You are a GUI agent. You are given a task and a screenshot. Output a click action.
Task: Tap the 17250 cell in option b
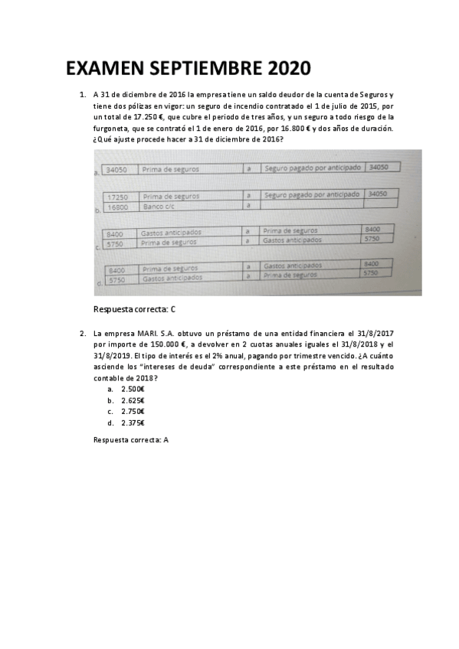tap(116, 197)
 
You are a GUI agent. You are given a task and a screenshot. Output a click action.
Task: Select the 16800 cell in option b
tap(116, 207)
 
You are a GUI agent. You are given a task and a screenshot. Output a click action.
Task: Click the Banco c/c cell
tap(160, 207)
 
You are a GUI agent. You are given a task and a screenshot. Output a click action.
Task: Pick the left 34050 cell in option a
tap(116, 169)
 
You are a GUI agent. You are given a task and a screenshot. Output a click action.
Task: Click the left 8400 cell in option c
tap(115, 233)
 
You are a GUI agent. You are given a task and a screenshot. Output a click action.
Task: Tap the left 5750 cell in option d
tap(116, 280)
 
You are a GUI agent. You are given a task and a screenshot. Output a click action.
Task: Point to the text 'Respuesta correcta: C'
tap(134, 309)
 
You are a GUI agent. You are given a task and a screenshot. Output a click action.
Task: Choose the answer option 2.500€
tap(133, 390)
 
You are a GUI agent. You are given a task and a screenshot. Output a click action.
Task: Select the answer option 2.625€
tap(133, 400)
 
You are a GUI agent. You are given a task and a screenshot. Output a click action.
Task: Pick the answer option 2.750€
tap(133, 412)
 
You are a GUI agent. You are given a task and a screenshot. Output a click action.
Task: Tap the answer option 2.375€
tap(133, 422)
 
